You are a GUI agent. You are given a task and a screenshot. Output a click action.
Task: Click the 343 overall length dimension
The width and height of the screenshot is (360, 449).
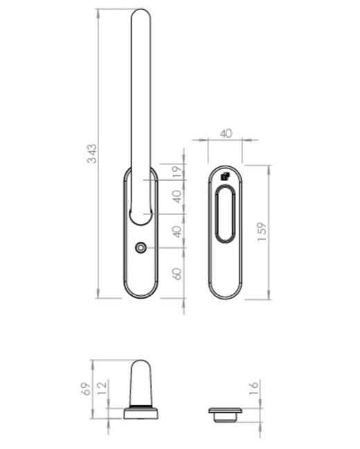pyautogui.click(x=92, y=154)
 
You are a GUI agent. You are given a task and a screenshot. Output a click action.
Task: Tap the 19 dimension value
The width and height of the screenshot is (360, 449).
pyautogui.click(x=177, y=172)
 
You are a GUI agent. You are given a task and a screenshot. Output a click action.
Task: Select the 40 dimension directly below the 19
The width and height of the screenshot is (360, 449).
pyautogui.click(x=177, y=197)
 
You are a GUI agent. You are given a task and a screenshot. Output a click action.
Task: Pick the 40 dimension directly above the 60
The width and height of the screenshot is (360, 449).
pyautogui.click(x=177, y=231)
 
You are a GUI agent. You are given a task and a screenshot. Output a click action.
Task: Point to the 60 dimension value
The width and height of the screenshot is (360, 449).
pyautogui.click(x=177, y=274)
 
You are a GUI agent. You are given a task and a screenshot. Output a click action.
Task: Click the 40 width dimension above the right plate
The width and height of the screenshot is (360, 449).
pyautogui.click(x=226, y=134)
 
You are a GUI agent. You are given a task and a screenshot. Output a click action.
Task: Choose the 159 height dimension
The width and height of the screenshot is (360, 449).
pyautogui.click(x=262, y=231)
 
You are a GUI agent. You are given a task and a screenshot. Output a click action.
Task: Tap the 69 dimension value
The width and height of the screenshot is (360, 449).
pyautogui.click(x=86, y=389)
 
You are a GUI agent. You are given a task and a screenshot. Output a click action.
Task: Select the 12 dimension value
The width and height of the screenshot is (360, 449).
pyautogui.click(x=102, y=388)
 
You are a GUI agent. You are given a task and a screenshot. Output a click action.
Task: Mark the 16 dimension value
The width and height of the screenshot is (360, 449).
pyautogui.click(x=254, y=389)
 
